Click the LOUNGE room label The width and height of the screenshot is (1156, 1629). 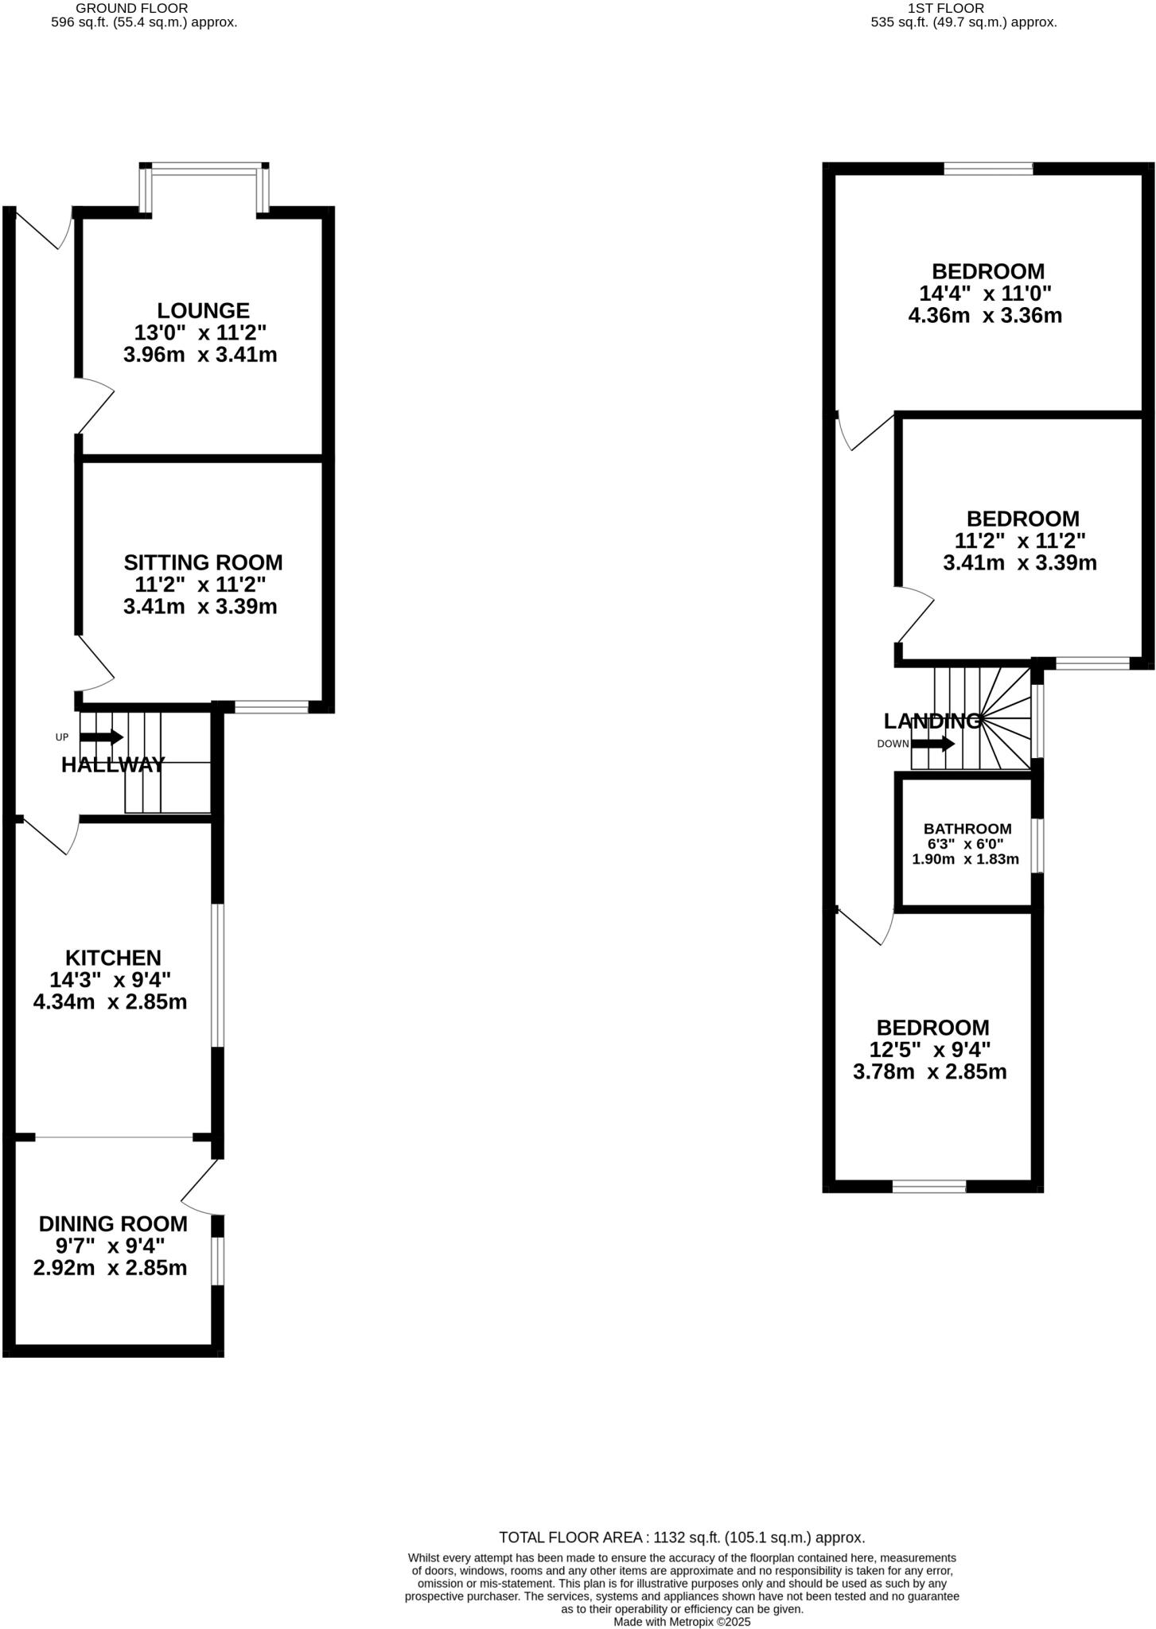[203, 310]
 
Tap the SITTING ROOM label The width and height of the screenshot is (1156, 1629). [203, 562]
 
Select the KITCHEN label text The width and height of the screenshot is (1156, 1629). [113, 958]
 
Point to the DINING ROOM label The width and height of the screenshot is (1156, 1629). [113, 1223]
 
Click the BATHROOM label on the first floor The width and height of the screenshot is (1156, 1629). [967, 829]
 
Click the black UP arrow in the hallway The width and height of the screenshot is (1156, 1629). [101, 737]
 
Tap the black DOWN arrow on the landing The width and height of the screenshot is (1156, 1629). [932, 745]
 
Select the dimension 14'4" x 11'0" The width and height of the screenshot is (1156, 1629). [985, 294]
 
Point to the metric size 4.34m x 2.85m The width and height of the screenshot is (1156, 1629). [110, 1002]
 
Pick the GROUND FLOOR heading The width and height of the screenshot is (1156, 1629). [131, 8]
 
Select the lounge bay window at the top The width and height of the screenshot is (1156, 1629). [205, 168]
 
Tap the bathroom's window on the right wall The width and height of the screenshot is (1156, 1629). [1037, 846]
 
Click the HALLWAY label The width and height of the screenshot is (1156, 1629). [113, 765]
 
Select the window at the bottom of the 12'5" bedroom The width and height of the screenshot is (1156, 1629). [928, 1187]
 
